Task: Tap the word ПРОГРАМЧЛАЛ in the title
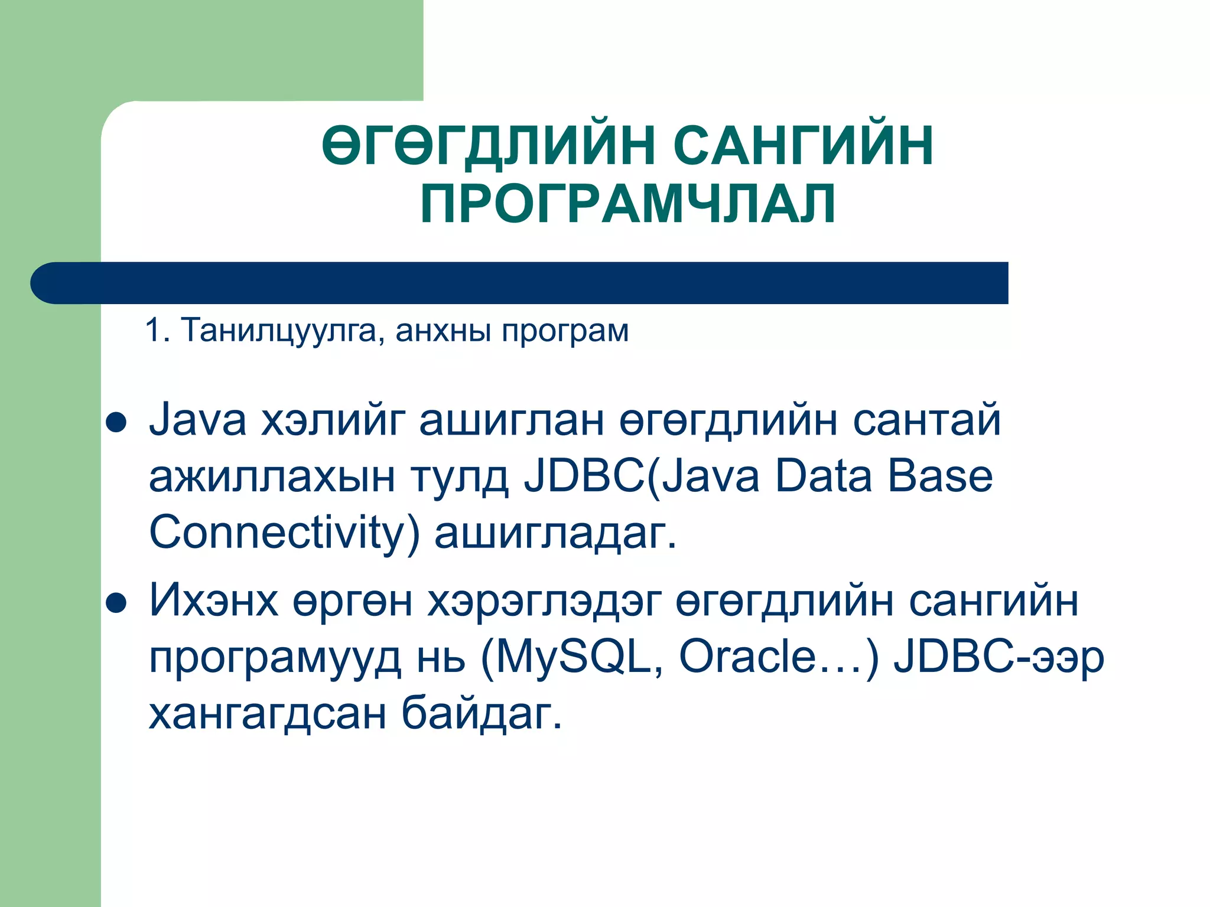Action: point(627,204)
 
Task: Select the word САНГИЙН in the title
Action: point(803,146)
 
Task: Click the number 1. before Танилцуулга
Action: point(157,330)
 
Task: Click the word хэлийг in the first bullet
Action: point(333,421)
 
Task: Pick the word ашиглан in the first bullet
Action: point(512,421)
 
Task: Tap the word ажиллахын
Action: point(272,478)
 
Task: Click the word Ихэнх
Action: point(213,601)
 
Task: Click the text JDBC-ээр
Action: point(998,657)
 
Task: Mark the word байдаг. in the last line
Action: point(482,713)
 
